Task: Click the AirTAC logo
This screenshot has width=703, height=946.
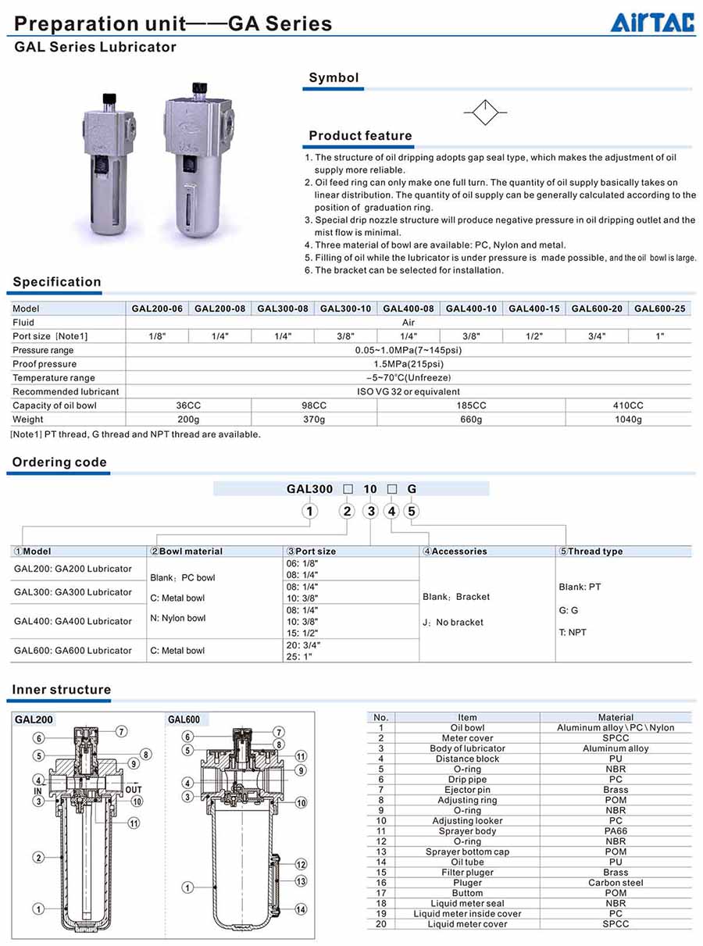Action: (x=651, y=23)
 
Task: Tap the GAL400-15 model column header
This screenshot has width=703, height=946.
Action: (x=534, y=309)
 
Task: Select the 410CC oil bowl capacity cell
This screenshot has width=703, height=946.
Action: (x=628, y=405)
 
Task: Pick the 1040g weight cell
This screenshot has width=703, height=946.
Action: (x=628, y=419)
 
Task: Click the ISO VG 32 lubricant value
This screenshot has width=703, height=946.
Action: (x=409, y=391)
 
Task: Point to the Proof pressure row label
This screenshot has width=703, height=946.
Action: (x=45, y=364)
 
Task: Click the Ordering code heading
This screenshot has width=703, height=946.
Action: (x=59, y=462)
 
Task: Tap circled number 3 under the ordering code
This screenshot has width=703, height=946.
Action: (x=371, y=512)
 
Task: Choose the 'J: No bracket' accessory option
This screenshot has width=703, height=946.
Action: (x=453, y=623)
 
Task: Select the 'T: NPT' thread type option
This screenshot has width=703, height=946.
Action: (x=573, y=632)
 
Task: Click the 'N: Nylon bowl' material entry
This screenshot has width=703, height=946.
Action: (x=178, y=618)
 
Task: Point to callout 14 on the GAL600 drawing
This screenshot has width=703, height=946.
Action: (x=301, y=909)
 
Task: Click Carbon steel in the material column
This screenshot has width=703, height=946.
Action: (x=616, y=883)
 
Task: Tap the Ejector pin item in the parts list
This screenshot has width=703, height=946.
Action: (x=467, y=790)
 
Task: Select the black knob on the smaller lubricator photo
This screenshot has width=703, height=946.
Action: (x=109, y=98)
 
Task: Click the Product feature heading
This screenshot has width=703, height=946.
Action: (x=360, y=136)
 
